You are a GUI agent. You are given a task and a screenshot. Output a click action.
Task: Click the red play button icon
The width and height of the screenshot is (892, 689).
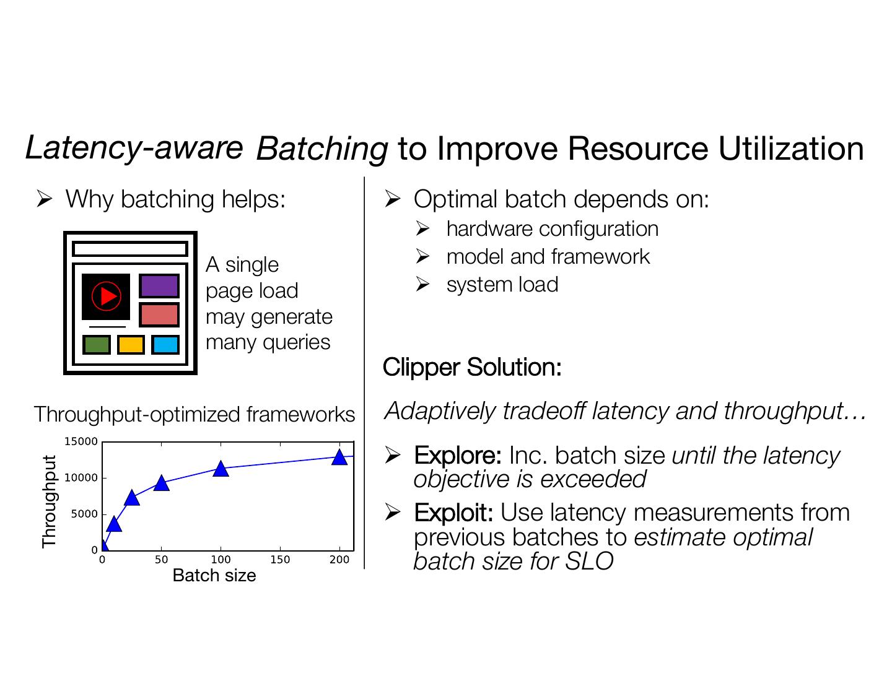pos(106,296)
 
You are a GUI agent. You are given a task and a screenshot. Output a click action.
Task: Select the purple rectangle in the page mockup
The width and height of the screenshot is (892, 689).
pos(159,286)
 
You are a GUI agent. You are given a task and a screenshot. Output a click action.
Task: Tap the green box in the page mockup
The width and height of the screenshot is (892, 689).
pos(97,344)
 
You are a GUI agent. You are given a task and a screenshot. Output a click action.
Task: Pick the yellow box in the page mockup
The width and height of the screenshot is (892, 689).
pos(131,344)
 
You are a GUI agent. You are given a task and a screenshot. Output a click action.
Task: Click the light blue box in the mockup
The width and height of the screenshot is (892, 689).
pos(165,344)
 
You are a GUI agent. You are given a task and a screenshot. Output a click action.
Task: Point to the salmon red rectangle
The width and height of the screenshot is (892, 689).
pos(159,315)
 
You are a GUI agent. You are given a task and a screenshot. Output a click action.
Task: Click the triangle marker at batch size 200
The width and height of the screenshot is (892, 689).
pos(339,457)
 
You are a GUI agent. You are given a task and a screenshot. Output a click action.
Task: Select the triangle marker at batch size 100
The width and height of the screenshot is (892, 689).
pos(221,469)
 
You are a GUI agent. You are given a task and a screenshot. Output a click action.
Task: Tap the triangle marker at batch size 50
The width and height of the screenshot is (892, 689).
pos(161,483)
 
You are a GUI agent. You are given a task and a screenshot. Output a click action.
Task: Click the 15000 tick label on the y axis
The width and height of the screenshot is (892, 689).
pos(81,442)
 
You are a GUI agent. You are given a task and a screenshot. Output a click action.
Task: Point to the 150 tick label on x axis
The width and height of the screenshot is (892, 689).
pos(280,560)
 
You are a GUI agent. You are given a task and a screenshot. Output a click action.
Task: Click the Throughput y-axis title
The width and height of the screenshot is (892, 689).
pos(49,501)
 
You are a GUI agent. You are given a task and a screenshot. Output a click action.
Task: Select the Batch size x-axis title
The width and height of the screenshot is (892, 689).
pos(214,575)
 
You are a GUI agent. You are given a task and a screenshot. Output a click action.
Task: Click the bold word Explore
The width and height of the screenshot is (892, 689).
pos(458,456)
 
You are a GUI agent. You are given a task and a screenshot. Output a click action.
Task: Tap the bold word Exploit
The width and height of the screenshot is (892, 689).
pos(453,513)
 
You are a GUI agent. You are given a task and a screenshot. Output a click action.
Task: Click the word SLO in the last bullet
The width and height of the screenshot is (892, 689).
pos(589,561)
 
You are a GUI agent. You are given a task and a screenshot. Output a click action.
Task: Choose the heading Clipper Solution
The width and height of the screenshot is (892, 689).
pos(472,366)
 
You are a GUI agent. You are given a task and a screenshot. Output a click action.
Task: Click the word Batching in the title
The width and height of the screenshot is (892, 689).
pos(322,149)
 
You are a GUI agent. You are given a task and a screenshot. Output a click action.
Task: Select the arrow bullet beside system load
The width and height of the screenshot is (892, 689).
pos(422,284)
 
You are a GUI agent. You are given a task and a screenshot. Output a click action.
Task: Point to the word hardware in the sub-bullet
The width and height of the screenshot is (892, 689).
pos(489,229)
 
